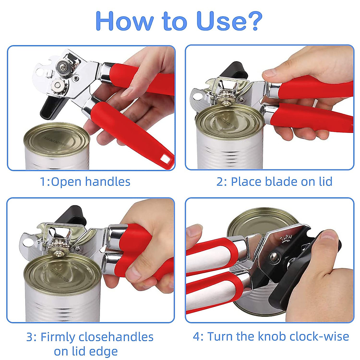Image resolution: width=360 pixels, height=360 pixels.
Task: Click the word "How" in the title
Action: click(124, 21)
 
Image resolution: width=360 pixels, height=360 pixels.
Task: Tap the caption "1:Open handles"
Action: click(85, 182)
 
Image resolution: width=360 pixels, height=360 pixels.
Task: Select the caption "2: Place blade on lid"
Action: click(274, 182)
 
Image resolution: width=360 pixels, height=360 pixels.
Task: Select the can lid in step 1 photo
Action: click(57, 141)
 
